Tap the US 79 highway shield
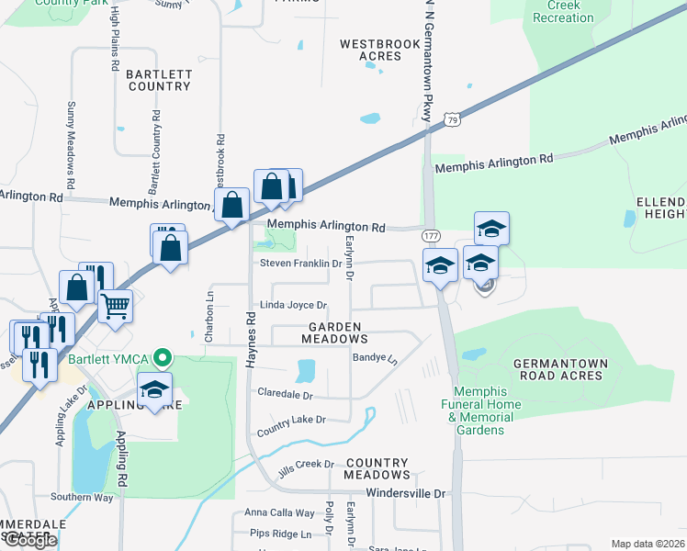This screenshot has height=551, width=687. point(450,118)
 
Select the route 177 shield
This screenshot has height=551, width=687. point(431,236)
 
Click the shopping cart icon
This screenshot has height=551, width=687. point(115,305)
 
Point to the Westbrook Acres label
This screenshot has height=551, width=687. point(371,50)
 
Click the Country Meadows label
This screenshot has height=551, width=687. point(377,468)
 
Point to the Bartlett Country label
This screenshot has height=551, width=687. point(158,80)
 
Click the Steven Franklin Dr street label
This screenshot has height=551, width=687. point(300,264)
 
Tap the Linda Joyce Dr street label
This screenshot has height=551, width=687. point(294,305)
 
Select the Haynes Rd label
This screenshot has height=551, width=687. point(250,339)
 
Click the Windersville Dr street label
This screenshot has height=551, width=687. point(405,493)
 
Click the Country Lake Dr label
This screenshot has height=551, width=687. point(292,420)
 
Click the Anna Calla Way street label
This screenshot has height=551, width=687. point(279,513)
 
